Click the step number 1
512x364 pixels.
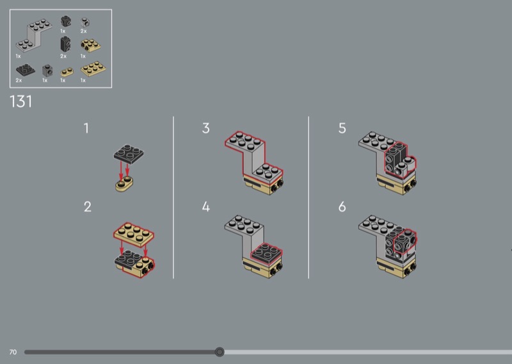[86, 128]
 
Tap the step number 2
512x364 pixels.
[87, 207]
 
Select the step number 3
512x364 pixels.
[205, 128]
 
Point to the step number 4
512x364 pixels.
[205, 207]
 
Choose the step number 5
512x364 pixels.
[342, 128]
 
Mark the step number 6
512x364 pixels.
[342, 207]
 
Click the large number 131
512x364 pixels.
[21, 101]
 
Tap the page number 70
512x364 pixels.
[13, 352]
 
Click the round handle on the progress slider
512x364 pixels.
[220, 352]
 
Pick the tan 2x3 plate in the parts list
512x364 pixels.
[93, 69]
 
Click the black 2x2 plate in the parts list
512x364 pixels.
[25, 70]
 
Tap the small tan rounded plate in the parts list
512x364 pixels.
[67, 72]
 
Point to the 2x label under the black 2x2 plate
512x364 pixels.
[19, 80]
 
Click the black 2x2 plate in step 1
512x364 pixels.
[129, 154]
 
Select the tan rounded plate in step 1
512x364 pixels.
[124, 184]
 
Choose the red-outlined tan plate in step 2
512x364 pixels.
[134, 234]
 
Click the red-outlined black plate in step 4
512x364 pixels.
[266, 252]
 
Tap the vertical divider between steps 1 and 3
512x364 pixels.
[173, 197]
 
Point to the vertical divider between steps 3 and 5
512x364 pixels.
[308, 197]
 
